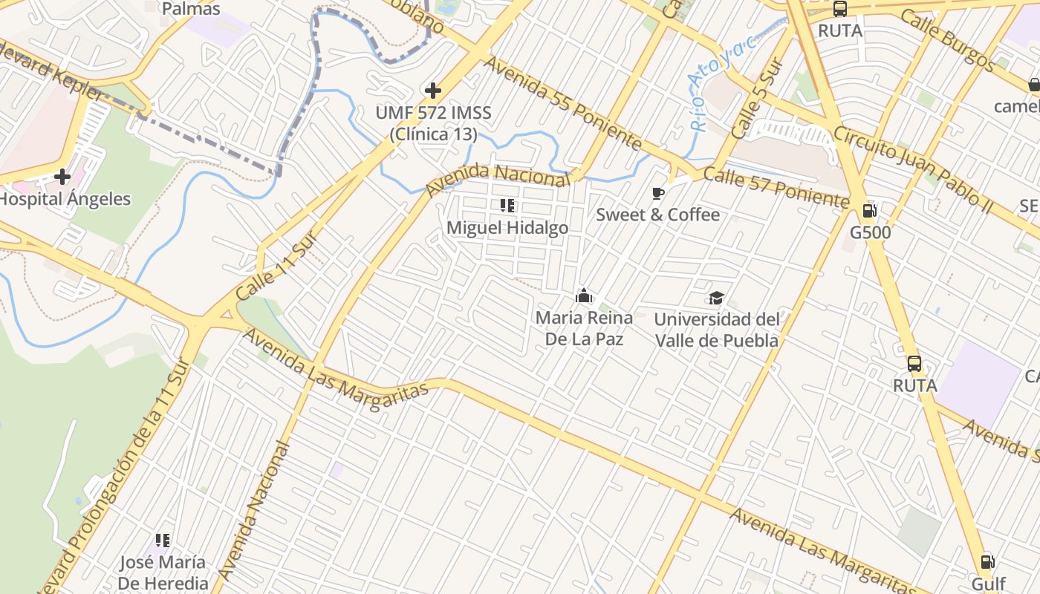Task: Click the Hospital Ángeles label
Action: (x=65, y=199)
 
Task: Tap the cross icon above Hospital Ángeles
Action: (x=62, y=177)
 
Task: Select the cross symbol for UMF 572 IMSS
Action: (x=433, y=91)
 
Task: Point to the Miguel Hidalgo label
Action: (x=507, y=228)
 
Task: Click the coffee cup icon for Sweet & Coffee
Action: (x=657, y=194)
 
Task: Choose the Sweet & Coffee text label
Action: (x=658, y=215)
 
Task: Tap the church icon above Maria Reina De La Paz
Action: (x=584, y=296)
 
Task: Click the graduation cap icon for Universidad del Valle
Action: (x=716, y=298)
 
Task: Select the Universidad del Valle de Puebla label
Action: (x=717, y=330)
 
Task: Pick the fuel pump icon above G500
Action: (x=870, y=211)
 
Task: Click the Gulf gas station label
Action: (x=988, y=584)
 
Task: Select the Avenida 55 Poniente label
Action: (x=562, y=103)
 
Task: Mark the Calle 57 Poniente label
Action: (x=776, y=188)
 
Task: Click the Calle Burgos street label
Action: (x=949, y=40)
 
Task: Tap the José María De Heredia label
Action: (x=163, y=572)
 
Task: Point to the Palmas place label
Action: (x=191, y=9)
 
